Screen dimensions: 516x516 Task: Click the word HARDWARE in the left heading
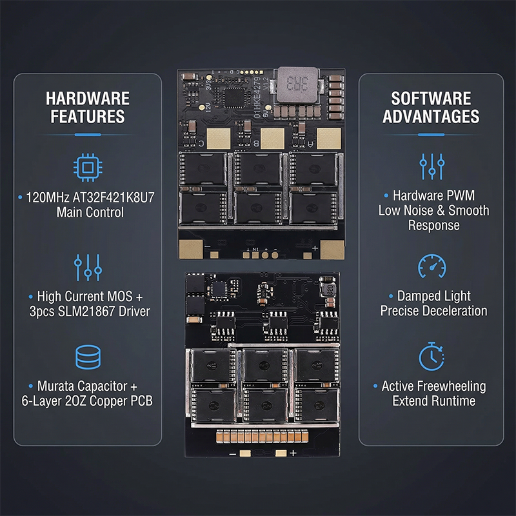tap(88, 99)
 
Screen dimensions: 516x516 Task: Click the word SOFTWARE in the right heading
tap(431, 99)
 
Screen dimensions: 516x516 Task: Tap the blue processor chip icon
tap(88, 168)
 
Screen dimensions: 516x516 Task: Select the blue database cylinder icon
tap(88, 357)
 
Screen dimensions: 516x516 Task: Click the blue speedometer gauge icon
tap(432, 266)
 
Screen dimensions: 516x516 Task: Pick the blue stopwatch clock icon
tap(432, 357)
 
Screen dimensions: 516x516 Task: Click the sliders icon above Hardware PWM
tap(432, 166)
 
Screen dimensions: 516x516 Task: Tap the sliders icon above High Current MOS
tap(88, 267)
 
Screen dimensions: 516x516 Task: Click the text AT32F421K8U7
tap(114, 197)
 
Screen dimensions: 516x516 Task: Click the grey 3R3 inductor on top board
tap(297, 84)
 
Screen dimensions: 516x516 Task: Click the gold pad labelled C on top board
tap(218, 139)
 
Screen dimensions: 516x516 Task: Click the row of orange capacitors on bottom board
tap(263, 437)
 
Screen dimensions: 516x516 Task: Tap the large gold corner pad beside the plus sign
tap(332, 250)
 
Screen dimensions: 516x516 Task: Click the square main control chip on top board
tap(234, 97)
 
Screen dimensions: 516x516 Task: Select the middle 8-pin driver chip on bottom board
tap(275, 324)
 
